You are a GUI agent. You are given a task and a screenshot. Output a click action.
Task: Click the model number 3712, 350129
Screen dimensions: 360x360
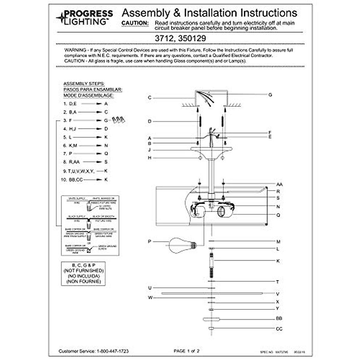tap(180, 38)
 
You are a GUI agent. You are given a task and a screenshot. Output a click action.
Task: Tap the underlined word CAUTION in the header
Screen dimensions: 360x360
tap(135, 23)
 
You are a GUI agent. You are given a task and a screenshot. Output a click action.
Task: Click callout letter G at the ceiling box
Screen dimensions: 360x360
tap(270, 95)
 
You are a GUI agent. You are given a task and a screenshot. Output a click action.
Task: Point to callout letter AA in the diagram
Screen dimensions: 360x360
tap(279, 184)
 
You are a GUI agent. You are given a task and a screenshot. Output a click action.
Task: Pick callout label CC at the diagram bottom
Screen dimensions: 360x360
tap(279, 329)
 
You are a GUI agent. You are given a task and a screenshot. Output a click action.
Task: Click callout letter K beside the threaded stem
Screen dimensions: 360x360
tap(278, 261)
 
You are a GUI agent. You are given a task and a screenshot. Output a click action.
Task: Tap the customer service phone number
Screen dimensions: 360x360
tap(112, 351)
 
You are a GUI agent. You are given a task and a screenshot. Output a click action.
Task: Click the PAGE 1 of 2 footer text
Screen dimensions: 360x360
tap(186, 351)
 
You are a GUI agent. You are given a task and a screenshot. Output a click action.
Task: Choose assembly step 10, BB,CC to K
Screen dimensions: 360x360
tap(84, 180)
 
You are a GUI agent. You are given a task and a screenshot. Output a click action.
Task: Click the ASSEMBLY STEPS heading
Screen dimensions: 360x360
tap(84, 84)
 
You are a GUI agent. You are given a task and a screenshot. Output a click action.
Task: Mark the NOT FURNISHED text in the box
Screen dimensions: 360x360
tap(83, 271)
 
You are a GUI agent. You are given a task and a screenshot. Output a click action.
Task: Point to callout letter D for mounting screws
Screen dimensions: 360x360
tap(149, 121)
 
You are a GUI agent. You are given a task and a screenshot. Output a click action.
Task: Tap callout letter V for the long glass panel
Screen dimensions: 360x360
tap(278, 294)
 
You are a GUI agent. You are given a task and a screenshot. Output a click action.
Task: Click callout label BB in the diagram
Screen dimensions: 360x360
tap(279, 319)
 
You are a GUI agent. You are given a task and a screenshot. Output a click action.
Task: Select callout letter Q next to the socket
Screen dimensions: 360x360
tap(278, 215)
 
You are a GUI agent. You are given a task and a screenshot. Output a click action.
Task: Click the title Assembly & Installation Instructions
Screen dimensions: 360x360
tap(209, 13)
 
